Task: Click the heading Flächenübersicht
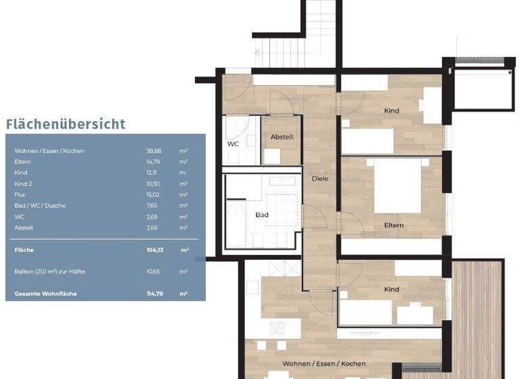click(x=66, y=124)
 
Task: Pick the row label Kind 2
click(x=24, y=184)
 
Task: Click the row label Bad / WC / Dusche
click(x=40, y=206)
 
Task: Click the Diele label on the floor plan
click(x=320, y=179)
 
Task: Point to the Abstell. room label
click(x=282, y=137)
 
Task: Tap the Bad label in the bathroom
click(x=261, y=215)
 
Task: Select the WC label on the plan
click(x=233, y=144)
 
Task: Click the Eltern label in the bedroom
click(x=393, y=225)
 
